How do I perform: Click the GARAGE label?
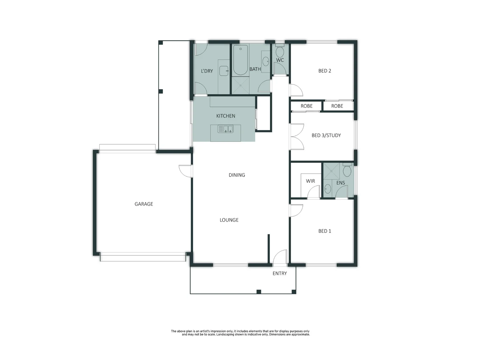(x=144, y=204)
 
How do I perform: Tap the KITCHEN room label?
(x=226, y=116)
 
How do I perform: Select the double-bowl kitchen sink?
(x=225, y=129)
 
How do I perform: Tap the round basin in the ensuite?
(x=327, y=189)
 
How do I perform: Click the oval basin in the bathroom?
(x=266, y=61)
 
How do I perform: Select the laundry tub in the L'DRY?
(x=224, y=71)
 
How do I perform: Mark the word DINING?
(x=237, y=175)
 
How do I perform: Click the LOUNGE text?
(x=229, y=220)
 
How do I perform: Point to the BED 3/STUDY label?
(x=326, y=135)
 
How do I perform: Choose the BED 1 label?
(x=325, y=231)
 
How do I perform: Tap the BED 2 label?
(x=325, y=71)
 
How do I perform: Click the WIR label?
(x=310, y=181)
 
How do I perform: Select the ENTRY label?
(x=279, y=273)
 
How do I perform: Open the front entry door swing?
(x=279, y=257)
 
